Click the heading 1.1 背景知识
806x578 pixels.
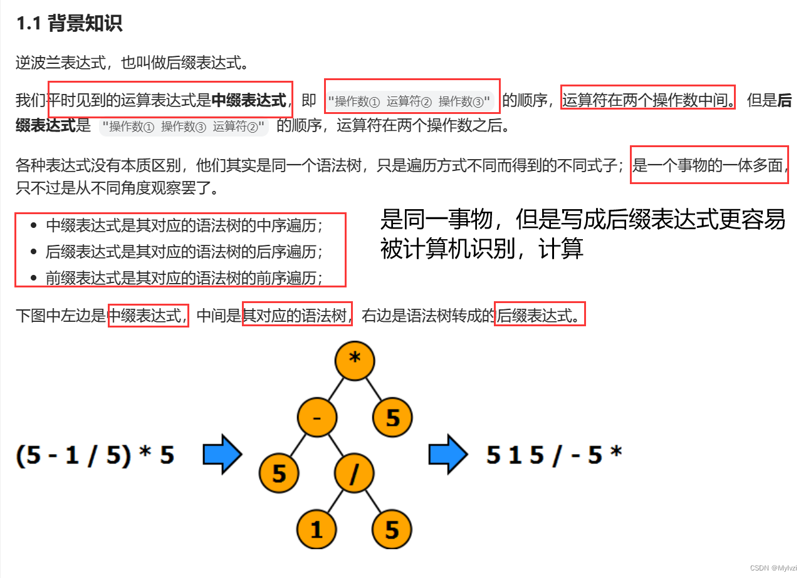click(x=69, y=24)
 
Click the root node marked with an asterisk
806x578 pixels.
click(x=355, y=359)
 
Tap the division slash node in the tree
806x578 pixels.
click(x=355, y=474)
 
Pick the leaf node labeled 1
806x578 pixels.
click(x=317, y=530)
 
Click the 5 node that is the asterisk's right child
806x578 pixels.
click(x=392, y=418)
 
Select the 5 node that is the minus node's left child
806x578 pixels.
click(x=279, y=474)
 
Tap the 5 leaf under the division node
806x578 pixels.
click(x=392, y=530)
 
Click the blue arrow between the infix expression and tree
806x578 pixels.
click(x=222, y=455)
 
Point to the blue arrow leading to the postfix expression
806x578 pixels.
click(x=447, y=455)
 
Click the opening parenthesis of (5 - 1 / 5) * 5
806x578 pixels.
click(x=21, y=455)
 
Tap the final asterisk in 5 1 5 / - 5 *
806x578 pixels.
click(x=615, y=453)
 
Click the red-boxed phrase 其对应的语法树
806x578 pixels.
click(x=298, y=316)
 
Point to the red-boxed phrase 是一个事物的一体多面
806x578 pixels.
click(x=709, y=165)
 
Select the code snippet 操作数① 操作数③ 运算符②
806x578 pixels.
click(x=184, y=126)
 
